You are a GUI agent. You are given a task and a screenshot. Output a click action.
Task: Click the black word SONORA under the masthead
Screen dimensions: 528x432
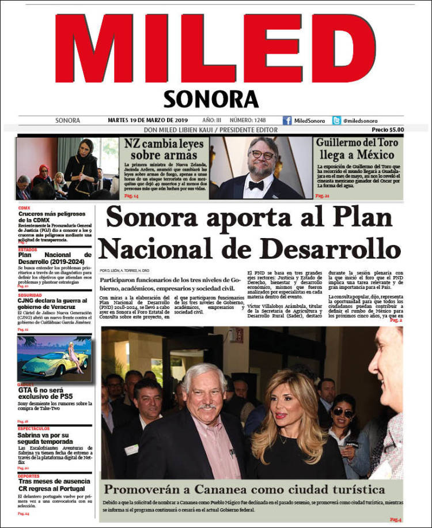(x=210, y=99)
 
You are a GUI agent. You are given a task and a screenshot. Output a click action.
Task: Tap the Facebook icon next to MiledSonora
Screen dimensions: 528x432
(x=287, y=120)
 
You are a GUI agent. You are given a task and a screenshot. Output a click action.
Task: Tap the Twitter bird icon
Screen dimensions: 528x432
(x=336, y=120)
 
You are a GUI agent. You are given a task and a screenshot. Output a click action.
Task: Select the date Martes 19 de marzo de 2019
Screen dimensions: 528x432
(x=148, y=120)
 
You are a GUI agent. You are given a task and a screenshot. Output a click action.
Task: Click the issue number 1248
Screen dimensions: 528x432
(x=259, y=120)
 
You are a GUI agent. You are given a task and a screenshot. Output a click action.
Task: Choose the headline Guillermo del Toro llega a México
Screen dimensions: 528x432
(x=355, y=149)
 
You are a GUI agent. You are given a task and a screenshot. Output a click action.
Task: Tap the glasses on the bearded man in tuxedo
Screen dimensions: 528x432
(x=262, y=154)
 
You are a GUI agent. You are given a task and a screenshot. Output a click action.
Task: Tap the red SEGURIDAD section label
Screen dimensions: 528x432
(x=29, y=295)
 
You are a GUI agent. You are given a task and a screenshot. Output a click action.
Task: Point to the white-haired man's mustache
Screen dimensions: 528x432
(x=206, y=407)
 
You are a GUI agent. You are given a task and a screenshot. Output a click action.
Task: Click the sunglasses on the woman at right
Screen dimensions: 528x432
(x=344, y=413)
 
